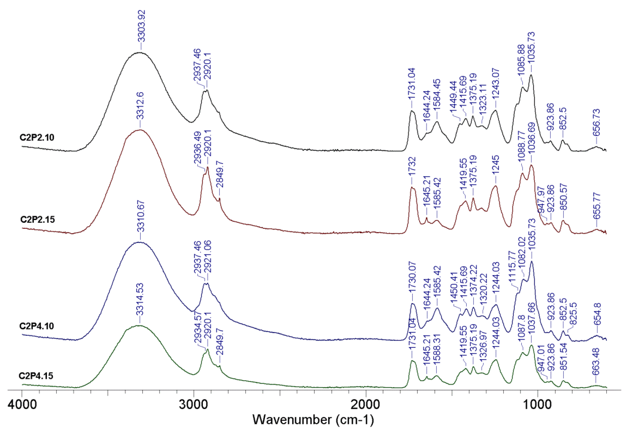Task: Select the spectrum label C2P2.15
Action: (38, 219)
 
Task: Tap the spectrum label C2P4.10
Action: (37, 326)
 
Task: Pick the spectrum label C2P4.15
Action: (36, 376)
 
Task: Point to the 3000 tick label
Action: (194, 404)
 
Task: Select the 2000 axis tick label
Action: (366, 404)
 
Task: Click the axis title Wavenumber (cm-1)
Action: (313, 420)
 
